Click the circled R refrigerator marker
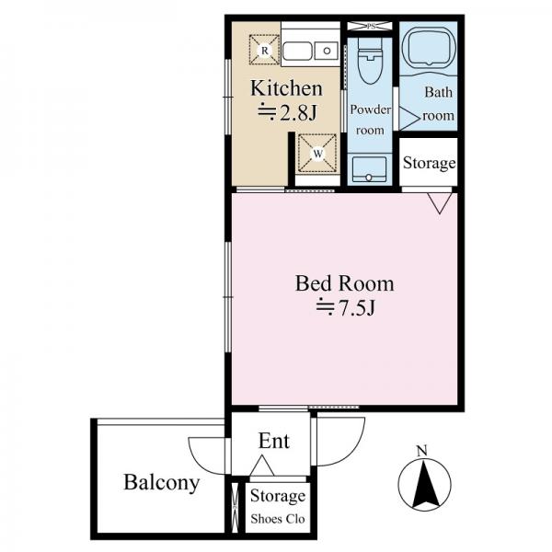[x=265, y=51]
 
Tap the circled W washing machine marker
[x=317, y=154]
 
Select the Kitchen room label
[x=286, y=88]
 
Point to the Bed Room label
[x=344, y=283]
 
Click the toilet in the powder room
[x=370, y=61]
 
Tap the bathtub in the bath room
[x=429, y=45]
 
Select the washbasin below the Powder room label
[x=369, y=169]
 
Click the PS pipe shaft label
[x=371, y=27]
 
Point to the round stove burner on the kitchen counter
[x=327, y=51]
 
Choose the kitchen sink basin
[x=297, y=52]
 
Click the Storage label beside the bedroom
[x=429, y=163]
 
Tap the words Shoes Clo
[x=278, y=519]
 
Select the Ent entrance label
[x=274, y=441]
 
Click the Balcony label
[x=162, y=483]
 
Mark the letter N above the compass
[x=421, y=451]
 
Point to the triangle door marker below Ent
[x=262, y=466]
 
